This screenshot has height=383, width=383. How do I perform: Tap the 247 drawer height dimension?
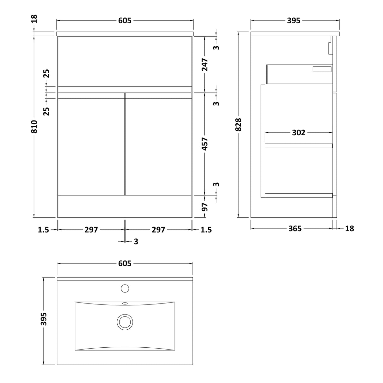coord(205,65)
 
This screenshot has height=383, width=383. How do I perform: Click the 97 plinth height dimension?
coord(205,207)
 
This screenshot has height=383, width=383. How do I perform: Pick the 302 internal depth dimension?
coord(298,133)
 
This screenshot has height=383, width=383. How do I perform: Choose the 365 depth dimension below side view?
coord(295,228)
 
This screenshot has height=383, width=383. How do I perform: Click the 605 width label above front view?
coord(125,21)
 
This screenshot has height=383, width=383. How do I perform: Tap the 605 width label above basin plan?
coord(125,263)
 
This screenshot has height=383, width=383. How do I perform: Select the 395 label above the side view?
coord(294,21)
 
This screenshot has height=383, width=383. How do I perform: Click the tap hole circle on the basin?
coord(125,288)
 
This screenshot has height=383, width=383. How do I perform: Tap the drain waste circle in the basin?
coord(125,322)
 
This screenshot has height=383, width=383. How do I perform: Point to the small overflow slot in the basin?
coord(125,303)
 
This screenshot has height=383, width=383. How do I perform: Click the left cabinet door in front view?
coord(91,144)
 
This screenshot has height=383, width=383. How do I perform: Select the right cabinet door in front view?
coord(158,144)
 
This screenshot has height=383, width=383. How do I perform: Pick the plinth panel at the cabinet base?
coord(125,207)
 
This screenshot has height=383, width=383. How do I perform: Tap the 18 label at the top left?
coord(34,19)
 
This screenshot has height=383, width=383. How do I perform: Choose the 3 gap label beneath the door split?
coord(136,242)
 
